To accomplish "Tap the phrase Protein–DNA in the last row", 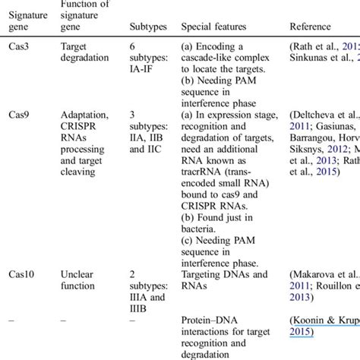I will point(210,319).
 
